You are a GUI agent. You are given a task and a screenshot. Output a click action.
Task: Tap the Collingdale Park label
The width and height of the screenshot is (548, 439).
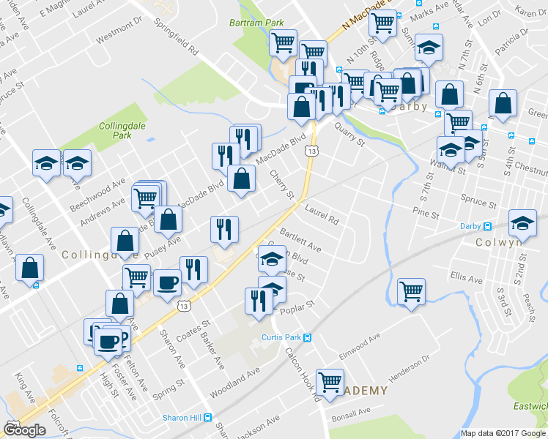[x=115, y=131]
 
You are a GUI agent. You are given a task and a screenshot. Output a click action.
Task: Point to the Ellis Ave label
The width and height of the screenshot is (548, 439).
[x=467, y=279]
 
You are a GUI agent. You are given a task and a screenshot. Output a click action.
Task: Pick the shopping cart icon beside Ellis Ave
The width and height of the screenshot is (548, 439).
[x=412, y=290]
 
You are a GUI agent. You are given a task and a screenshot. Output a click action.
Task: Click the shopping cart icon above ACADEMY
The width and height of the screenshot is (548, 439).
[x=330, y=380]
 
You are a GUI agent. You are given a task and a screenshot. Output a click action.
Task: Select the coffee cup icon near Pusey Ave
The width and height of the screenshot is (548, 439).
[x=167, y=282]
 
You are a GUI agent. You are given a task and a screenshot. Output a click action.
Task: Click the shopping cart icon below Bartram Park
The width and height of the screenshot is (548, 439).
[x=283, y=42]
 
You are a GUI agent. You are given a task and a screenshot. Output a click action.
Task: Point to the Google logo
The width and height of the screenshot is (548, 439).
[x=24, y=430]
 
